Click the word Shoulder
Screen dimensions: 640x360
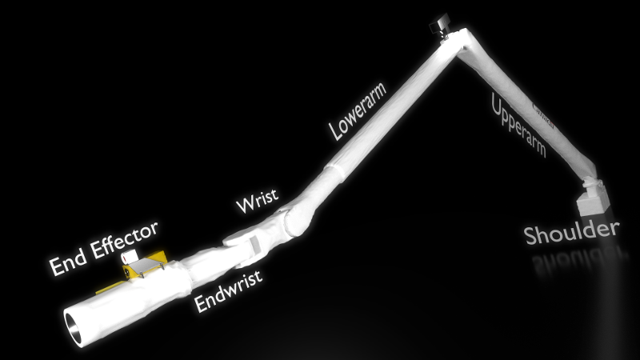click(x=571, y=233)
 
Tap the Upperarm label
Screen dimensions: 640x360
click(x=518, y=125)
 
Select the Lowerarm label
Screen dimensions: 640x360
click(x=358, y=111)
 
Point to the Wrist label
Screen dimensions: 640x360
click(x=258, y=201)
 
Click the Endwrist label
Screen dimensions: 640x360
click(x=228, y=291)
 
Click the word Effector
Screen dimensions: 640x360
click(x=125, y=240)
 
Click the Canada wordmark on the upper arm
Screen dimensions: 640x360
click(x=544, y=116)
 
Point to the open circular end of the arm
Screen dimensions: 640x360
click(x=74, y=326)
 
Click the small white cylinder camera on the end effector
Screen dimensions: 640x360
click(x=129, y=257)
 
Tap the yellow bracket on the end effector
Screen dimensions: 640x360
click(x=138, y=270)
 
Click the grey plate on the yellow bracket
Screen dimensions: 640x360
click(x=144, y=265)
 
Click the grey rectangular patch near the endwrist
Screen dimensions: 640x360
click(x=254, y=245)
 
